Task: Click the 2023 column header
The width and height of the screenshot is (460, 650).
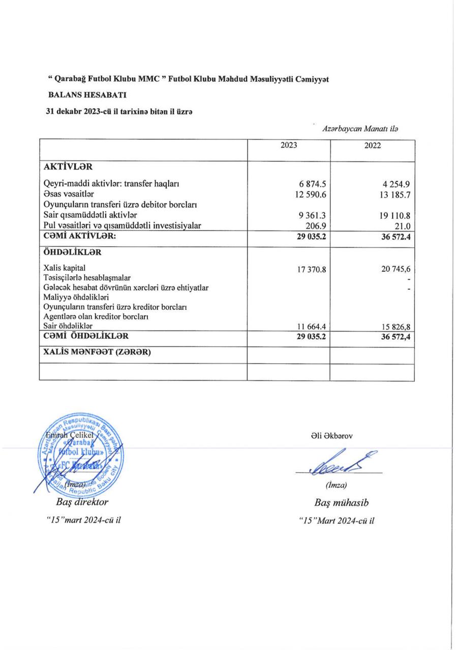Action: (x=288, y=145)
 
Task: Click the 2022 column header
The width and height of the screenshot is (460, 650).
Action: (x=373, y=146)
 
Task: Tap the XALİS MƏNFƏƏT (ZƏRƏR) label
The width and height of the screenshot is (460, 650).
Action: (x=98, y=353)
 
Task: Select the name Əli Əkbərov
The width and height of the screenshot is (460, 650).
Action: (x=333, y=435)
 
